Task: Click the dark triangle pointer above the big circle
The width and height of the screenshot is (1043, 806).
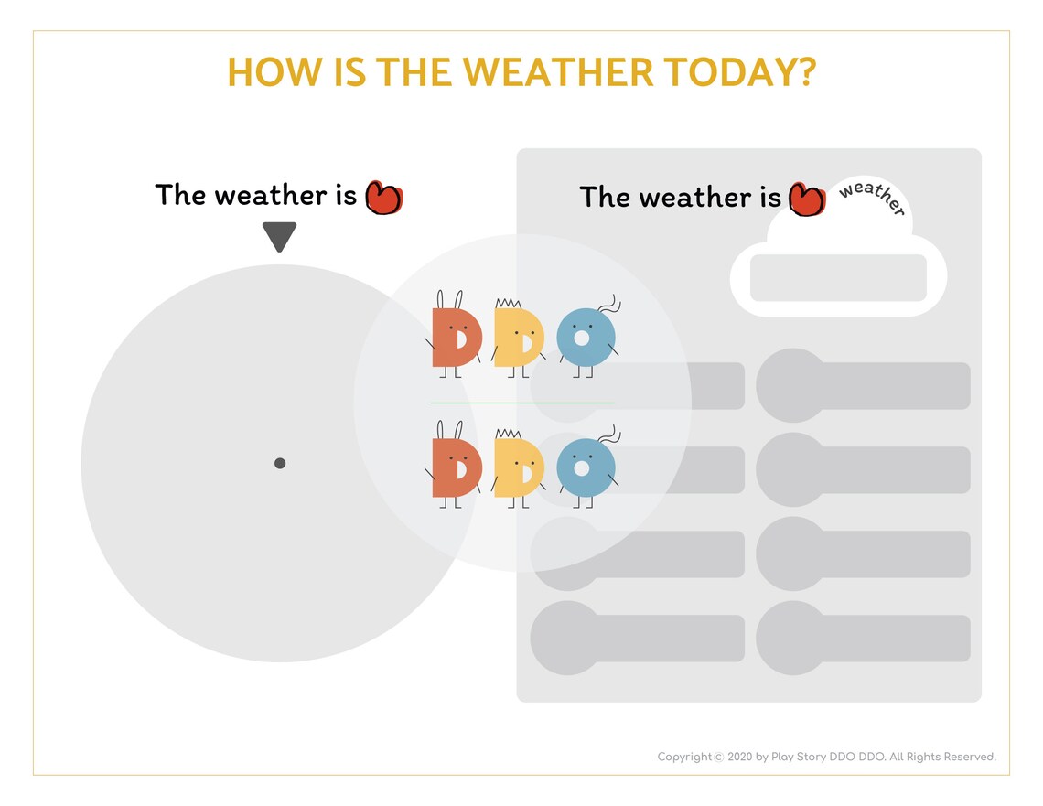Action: (x=279, y=237)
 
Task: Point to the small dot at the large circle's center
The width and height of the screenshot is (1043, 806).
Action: (x=280, y=463)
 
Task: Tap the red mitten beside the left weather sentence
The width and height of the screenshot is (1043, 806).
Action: (x=384, y=197)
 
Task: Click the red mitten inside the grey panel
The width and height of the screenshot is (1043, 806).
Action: (x=806, y=199)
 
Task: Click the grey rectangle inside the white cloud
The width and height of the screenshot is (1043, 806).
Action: (x=838, y=278)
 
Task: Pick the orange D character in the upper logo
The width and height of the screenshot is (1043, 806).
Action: (x=455, y=338)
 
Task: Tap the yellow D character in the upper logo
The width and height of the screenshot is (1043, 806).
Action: (x=519, y=338)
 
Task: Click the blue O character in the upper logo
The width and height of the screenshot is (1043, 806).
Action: (x=583, y=339)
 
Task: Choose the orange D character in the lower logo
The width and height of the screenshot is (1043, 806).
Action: (x=455, y=467)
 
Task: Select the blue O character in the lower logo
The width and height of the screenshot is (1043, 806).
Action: (x=583, y=468)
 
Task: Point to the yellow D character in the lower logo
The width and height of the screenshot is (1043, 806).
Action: (x=519, y=467)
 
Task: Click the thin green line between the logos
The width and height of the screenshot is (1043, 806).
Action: (x=521, y=403)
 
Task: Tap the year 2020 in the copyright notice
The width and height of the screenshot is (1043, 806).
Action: (x=740, y=757)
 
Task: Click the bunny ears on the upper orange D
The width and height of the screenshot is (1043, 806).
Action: (x=449, y=300)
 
